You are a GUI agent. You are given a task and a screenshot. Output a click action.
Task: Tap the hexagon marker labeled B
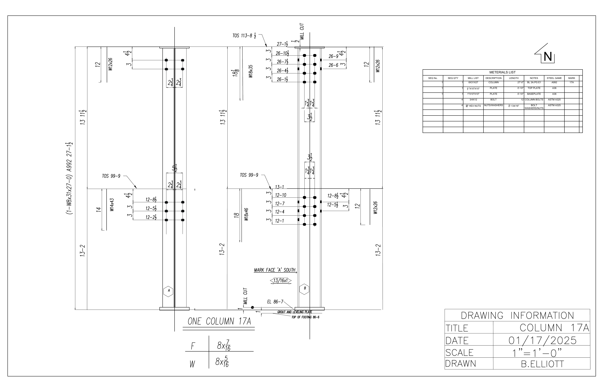304,288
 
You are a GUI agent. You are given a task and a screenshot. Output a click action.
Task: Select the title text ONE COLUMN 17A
219,322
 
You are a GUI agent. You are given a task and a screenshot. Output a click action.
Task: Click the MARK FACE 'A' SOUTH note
275,270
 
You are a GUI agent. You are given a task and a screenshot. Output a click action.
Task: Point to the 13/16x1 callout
281,281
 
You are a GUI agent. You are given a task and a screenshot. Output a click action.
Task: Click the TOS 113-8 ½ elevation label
244,36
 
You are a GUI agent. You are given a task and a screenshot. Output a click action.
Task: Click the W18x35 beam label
251,71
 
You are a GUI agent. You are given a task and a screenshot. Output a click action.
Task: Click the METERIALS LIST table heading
502,72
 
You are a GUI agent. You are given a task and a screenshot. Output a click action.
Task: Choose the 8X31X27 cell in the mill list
473,82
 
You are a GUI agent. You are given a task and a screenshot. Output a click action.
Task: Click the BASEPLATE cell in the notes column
534,94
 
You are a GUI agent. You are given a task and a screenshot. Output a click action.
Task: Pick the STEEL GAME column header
554,78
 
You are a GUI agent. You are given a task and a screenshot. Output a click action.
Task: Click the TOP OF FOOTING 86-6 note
305,317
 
